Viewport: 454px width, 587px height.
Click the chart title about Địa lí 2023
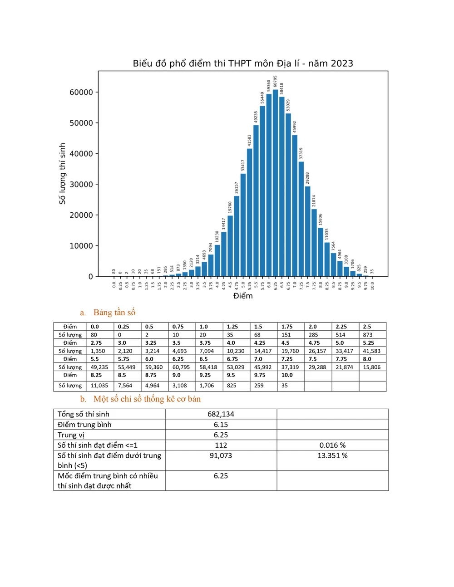point(243,64)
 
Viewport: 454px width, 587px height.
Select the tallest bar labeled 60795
point(275,181)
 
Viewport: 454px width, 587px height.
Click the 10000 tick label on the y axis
point(81,246)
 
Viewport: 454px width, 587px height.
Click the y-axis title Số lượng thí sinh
point(62,174)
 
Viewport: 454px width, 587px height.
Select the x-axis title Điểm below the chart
point(243,296)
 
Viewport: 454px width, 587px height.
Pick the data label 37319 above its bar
point(301,153)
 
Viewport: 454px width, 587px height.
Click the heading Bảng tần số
point(114,313)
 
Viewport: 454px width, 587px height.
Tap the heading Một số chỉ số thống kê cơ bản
point(147,399)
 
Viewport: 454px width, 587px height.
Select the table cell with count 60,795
point(181,367)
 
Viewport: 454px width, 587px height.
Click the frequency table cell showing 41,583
point(372,351)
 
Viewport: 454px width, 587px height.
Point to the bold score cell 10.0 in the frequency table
point(287,375)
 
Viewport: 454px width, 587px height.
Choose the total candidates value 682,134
point(221,414)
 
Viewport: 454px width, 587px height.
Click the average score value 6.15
point(221,425)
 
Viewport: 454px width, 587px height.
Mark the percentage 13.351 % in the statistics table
point(332,455)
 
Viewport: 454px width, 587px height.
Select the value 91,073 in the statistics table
point(221,455)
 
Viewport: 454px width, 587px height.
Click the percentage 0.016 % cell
point(332,445)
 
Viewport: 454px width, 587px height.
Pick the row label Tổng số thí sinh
point(84,414)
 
